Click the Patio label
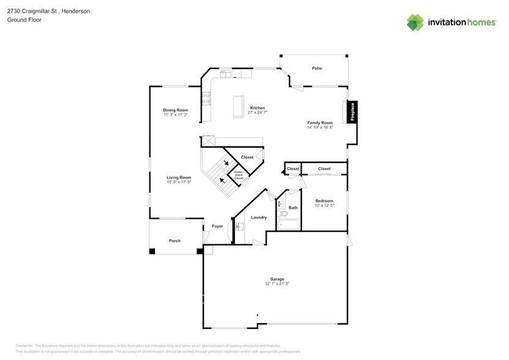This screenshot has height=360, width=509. click(317, 68)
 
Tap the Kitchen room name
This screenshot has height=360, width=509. click(257, 108)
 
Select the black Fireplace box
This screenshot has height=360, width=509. click(353, 112)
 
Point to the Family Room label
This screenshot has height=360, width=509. click(320, 122)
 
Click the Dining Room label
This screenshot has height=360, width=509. click(175, 110)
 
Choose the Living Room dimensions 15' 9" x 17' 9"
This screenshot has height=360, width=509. click(179, 182)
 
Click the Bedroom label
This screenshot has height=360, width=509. click(324, 201)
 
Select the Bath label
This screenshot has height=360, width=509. click(293, 208)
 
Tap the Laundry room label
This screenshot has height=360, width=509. click(258, 217)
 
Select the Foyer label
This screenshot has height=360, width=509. click(217, 226)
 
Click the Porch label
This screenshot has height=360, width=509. click(175, 241)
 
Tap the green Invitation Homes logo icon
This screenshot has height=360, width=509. click(415, 22)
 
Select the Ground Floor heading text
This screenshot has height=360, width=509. click(21, 20)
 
